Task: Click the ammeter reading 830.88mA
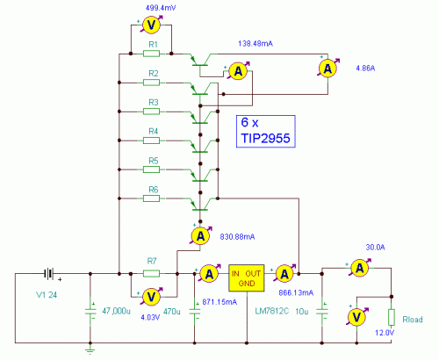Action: pyautogui.click(x=200, y=234)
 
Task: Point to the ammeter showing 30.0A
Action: pyautogui.click(x=357, y=267)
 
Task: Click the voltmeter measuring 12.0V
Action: pyautogui.click(x=357, y=316)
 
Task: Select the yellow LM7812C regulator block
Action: pyautogui.click(x=247, y=277)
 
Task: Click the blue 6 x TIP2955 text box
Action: pyautogui.click(x=266, y=132)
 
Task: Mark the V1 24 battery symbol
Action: pyautogui.click(x=52, y=273)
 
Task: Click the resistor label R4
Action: pyautogui.click(x=152, y=131)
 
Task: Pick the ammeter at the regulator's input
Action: pyautogui.click(x=209, y=274)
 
